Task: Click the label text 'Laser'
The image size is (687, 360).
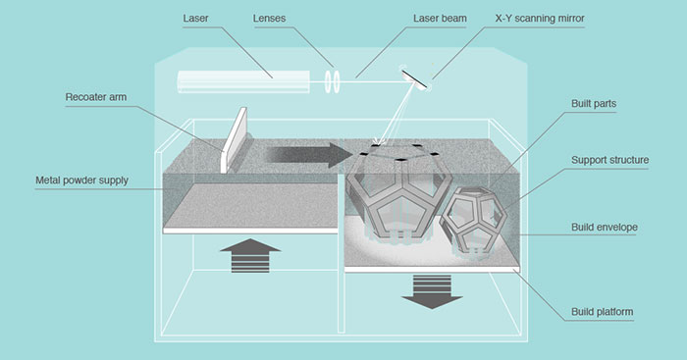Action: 195,19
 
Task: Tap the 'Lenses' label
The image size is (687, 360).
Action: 269,19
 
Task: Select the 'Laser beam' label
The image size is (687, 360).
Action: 440,19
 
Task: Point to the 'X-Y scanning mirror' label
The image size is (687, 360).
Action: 540,19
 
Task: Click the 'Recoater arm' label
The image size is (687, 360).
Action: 96,97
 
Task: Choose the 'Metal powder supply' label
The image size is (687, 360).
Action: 81,180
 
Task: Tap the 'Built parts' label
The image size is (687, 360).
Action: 594,104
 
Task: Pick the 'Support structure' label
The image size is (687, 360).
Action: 609,160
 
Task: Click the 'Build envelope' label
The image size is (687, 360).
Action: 605,228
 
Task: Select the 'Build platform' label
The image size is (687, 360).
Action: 602,312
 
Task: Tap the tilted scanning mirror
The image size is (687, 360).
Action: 414,78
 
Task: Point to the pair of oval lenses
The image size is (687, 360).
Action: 332,81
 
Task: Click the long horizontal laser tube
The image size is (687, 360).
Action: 243,81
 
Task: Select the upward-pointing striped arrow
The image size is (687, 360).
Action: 250,256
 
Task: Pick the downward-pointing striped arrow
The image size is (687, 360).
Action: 432,291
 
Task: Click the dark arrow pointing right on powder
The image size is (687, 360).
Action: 308,155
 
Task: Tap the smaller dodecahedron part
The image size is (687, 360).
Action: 473,222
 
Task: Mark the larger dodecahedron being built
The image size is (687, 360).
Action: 398,192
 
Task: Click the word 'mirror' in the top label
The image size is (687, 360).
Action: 569,19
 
